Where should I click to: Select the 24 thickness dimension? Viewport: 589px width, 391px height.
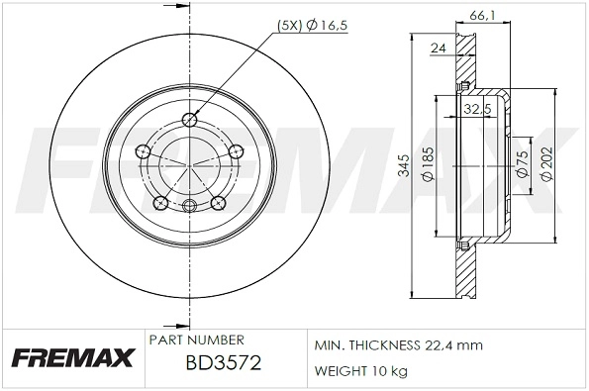coord(438,46)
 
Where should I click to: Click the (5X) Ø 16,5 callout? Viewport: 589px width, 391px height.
coord(301,27)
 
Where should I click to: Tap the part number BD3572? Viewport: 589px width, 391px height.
coord(223,363)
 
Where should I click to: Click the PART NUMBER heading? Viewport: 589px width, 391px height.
coord(196,340)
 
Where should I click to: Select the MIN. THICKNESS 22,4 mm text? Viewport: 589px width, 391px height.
coord(398,345)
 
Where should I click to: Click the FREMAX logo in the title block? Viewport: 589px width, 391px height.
coord(70,357)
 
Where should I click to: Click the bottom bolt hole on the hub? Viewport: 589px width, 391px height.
coord(189,205)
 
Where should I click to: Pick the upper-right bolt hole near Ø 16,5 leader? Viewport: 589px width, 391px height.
coord(235,151)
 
